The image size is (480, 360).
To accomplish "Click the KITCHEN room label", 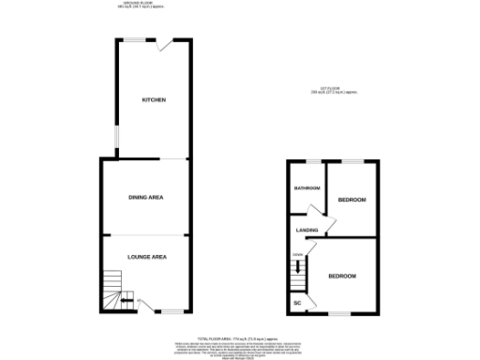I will (154, 100).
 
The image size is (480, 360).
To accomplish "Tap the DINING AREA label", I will (146, 197).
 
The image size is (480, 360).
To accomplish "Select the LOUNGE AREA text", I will (146, 255).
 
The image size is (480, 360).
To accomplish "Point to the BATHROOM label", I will (307, 188).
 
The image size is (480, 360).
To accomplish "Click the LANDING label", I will (307, 230).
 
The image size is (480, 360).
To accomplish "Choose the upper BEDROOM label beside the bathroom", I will (352, 200).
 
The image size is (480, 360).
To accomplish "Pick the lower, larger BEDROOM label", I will (341, 276).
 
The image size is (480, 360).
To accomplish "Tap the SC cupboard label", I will (298, 303).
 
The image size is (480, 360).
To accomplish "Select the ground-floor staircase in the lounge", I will (113, 289).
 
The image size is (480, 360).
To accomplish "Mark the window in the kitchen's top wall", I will (137, 38).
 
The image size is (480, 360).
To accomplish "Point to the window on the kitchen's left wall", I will (116, 136).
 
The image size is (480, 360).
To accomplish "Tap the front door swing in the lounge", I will (145, 304).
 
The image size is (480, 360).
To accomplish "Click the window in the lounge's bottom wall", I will (173, 311).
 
